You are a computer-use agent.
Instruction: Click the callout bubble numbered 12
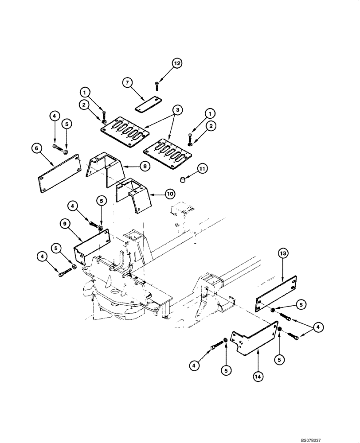coord(176,64)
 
